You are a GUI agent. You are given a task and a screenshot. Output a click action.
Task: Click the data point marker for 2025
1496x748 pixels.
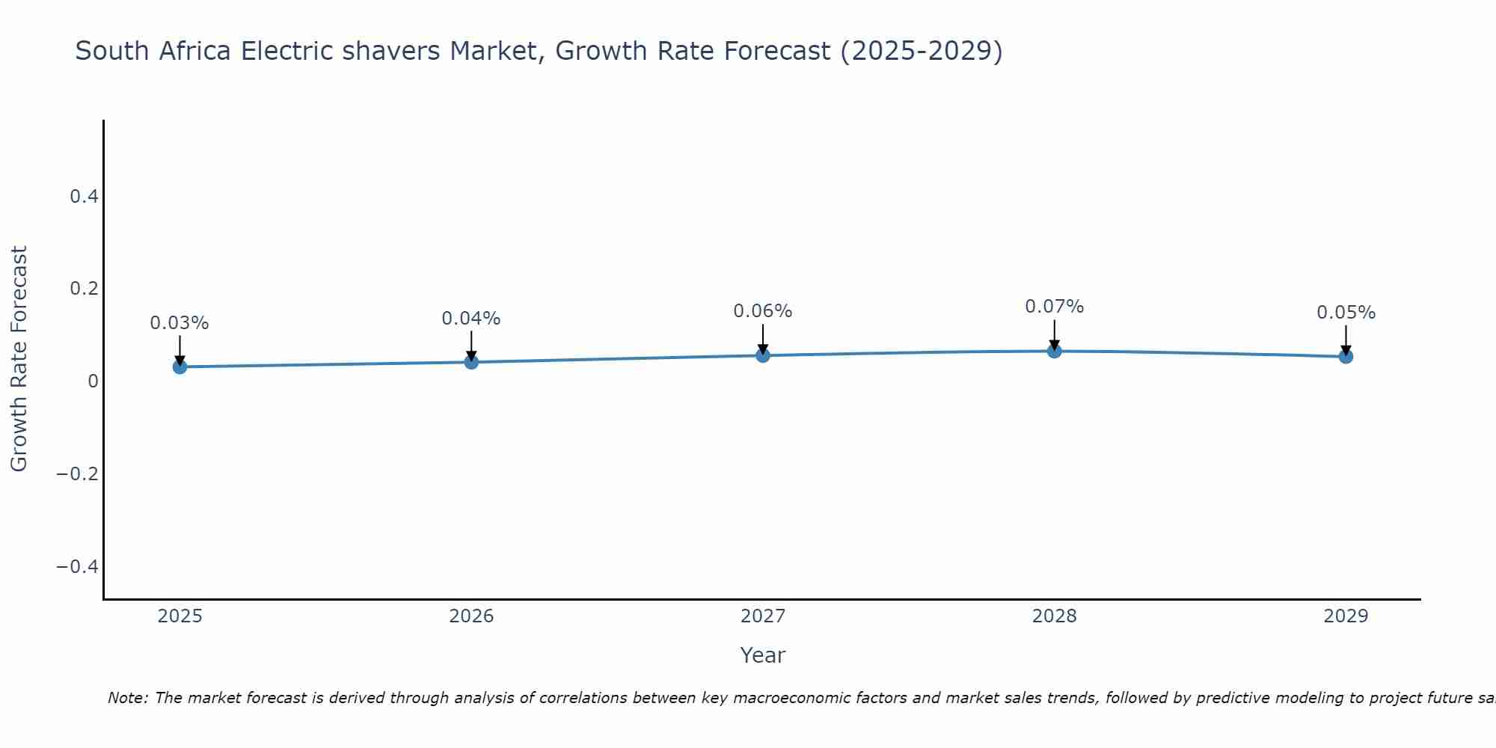click(180, 367)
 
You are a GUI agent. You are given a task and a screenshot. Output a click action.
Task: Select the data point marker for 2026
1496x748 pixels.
click(471, 362)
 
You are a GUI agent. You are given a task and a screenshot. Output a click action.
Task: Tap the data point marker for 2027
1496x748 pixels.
click(763, 355)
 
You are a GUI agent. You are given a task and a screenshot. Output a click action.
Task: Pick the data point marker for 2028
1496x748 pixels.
click(1054, 351)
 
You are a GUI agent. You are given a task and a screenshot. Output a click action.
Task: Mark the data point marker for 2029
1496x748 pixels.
click(1346, 357)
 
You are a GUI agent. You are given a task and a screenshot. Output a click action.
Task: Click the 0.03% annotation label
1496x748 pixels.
click(180, 323)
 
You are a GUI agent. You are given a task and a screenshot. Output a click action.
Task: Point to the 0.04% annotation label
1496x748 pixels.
click(471, 319)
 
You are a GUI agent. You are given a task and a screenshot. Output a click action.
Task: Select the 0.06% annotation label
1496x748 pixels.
click(763, 311)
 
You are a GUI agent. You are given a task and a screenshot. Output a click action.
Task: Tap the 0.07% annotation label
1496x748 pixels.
click(1054, 307)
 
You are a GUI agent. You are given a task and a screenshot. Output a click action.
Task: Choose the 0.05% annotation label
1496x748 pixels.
click(1346, 313)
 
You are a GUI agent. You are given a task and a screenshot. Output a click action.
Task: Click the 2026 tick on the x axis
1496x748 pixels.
click(471, 616)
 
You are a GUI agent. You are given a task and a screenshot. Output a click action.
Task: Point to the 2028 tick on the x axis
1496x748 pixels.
click(1054, 616)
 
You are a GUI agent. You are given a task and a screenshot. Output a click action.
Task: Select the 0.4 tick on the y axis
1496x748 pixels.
click(84, 197)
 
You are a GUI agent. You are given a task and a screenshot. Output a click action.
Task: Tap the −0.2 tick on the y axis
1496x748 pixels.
click(77, 474)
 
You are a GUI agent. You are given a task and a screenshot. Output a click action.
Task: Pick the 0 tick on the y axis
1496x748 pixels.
click(93, 381)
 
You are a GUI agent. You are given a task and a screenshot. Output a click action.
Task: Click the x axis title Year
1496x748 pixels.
click(762, 656)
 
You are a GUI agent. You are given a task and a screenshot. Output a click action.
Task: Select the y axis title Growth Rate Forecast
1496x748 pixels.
click(19, 359)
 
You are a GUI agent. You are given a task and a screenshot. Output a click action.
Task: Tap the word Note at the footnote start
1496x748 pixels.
click(127, 699)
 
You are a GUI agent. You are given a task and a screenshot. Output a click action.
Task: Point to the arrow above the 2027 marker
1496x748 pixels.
click(763, 338)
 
